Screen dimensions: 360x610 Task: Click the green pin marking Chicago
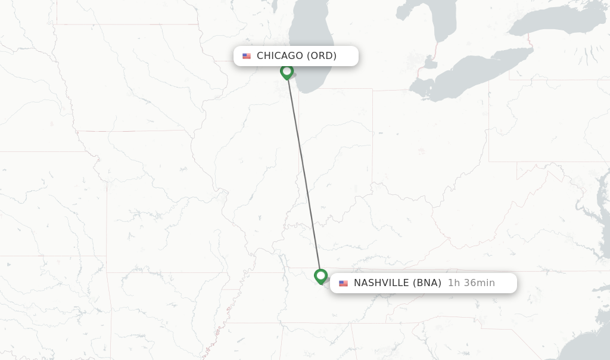pyautogui.click(x=287, y=72)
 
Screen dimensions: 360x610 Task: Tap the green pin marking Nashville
pyautogui.click(x=320, y=276)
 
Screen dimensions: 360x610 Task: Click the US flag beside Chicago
pyautogui.click(x=247, y=56)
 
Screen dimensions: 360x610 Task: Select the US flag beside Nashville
pyautogui.click(x=344, y=283)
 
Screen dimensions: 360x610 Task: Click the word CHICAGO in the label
pyautogui.click(x=280, y=56)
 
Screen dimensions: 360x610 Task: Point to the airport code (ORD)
pyautogui.click(x=322, y=56)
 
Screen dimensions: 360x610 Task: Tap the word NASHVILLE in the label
pyautogui.click(x=382, y=283)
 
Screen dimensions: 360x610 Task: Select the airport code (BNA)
pyautogui.click(x=427, y=283)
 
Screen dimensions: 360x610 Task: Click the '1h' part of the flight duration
pyautogui.click(x=454, y=283)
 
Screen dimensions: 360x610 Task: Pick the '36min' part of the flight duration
pyautogui.click(x=479, y=283)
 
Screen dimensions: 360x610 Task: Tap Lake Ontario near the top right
pyautogui.click(x=572, y=24)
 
